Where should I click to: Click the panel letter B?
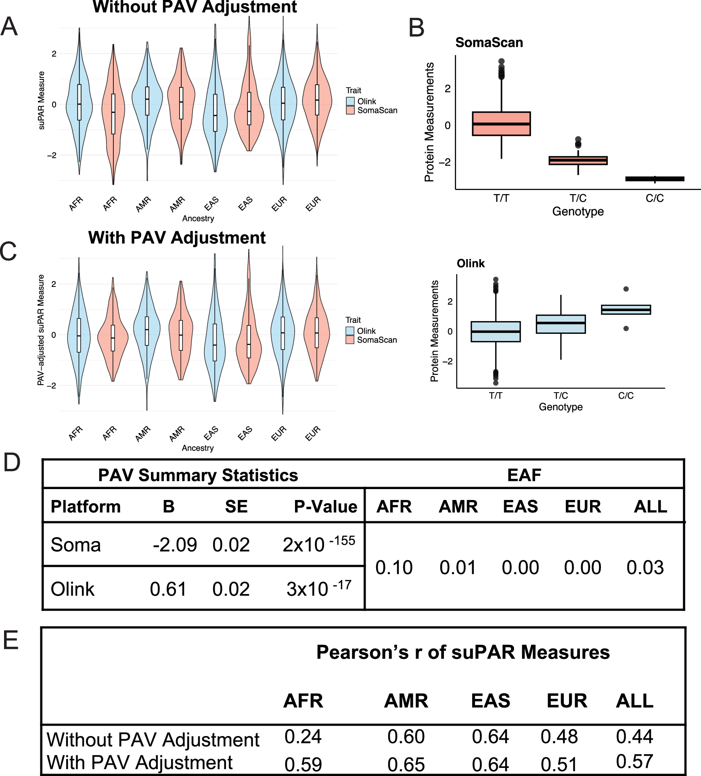tap(416, 28)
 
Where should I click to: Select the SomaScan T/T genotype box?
tap(501, 123)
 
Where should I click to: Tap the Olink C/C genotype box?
tap(626, 310)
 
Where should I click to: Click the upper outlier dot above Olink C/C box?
tap(626, 289)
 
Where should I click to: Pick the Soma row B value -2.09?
tap(174, 545)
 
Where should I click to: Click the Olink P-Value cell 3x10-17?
tap(319, 588)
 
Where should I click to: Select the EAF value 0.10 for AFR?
tap(394, 567)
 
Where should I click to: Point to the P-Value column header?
tap(325, 506)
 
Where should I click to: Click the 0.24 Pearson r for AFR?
tap(303, 736)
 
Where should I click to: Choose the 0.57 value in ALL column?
tap(634, 761)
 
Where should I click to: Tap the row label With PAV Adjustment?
tap(140, 763)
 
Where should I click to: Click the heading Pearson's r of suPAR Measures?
tap(463, 653)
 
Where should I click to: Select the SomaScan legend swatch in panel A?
tap(350, 110)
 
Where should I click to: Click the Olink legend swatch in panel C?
tap(350, 331)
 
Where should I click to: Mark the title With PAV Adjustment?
tap(177, 238)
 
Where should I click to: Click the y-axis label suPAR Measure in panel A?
tap(41, 100)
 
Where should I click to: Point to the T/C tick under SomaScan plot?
tap(578, 198)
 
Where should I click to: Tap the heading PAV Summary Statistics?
tap(198, 475)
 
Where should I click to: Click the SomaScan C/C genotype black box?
tap(655, 179)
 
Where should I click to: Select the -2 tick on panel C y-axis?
tap(51, 385)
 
